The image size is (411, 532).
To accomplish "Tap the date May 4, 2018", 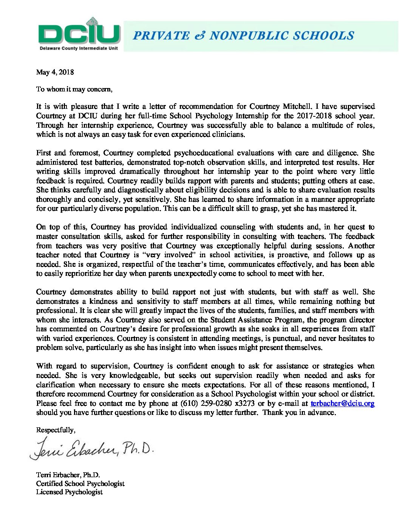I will click(x=55, y=72).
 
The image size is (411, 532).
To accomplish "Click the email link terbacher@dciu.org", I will click(x=342, y=404).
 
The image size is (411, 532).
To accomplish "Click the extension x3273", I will click(x=244, y=404).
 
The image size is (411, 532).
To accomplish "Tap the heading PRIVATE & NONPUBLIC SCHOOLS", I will click(x=244, y=36).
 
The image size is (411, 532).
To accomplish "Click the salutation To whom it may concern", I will click(x=74, y=89).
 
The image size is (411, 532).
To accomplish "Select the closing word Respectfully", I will click(x=56, y=430).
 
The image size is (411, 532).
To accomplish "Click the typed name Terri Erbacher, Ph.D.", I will click(x=68, y=475).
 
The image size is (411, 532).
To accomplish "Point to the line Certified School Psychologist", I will click(x=80, y=484).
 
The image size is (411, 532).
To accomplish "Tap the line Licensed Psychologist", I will click(x=69, y=492).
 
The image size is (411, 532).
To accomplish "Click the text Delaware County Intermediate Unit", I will click(x=79, y=48).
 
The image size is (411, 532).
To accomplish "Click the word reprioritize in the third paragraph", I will click(x=77, y=274).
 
